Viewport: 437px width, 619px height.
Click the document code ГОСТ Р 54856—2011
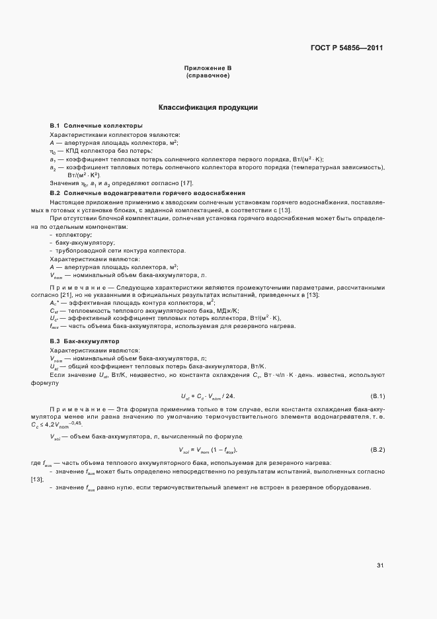tap(347, 48)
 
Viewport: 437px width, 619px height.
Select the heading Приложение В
tap(208, 68)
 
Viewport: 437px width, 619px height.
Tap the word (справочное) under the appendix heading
tap(208, 75)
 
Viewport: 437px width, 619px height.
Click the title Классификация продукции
tap(208, 107)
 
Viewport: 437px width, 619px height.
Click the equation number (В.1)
tap(378, 396)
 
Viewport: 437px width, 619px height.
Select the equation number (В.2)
tap(378, 450)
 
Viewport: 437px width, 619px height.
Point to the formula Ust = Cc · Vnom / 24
tap(208, 396)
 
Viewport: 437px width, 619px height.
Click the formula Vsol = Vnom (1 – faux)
tap(208, 450)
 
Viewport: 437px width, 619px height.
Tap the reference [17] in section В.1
tap(186, 183)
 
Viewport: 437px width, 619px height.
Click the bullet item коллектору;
tap(74, 235)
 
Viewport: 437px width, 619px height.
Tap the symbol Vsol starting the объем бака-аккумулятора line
tap(56, 437)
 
